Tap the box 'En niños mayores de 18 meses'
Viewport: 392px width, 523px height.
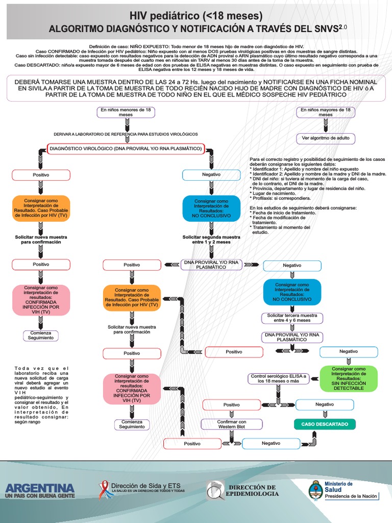(326, 112)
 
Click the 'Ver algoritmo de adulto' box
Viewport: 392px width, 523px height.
(326, 138)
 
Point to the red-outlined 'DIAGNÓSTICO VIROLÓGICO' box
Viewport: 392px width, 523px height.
(126, 149)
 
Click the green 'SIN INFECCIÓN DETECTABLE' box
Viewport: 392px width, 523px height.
(349, 378)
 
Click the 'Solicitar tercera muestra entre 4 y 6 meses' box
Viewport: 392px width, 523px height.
(292, 318)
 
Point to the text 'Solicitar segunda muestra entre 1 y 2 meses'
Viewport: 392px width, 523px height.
(211, 240)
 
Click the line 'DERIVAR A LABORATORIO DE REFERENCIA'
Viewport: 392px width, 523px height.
(126, 134)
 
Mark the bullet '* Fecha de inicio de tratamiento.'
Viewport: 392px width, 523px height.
(282, 212)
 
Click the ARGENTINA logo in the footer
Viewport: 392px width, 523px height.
(39, 490)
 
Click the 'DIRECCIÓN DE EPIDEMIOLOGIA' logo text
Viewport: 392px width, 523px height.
(253, 490)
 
